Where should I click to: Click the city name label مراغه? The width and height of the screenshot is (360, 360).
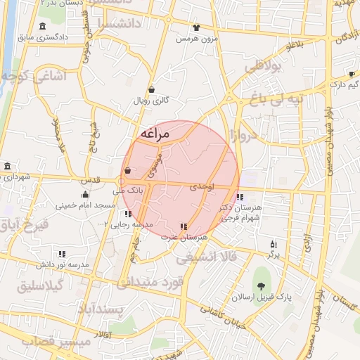(x=155, y=134)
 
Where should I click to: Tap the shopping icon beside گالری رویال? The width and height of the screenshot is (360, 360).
(x=152, y=89)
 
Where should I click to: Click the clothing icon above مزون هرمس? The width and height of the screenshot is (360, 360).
(x=195, y=27)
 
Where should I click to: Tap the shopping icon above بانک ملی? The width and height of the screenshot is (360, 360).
(x=127, y=170)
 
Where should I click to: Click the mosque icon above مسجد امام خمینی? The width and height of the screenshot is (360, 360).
(x=85, y=195)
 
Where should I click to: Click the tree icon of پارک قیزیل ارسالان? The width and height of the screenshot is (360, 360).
(x=262, y=285)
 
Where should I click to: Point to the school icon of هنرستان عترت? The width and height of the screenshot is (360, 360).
(x=184, y=226)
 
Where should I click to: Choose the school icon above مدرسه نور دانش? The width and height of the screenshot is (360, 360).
(x=62, y=254)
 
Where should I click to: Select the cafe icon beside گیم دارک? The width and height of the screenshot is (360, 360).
(x=352, y=74)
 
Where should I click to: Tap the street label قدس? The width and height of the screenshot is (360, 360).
(x=93, y=180)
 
